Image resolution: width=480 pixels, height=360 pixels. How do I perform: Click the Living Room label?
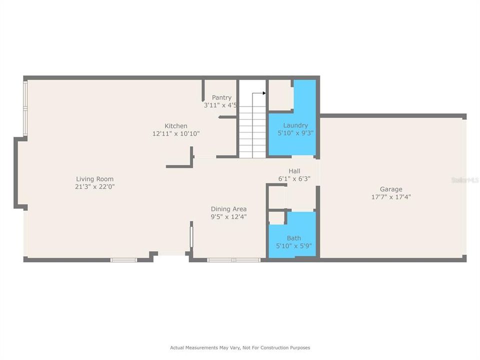94,179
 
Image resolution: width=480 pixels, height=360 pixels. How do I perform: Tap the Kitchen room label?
176,126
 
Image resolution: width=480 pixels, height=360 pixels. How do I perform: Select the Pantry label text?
221,97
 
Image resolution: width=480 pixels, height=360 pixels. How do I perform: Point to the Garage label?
391,189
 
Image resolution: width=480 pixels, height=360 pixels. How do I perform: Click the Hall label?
294,171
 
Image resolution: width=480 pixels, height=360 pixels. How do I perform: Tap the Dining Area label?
228,209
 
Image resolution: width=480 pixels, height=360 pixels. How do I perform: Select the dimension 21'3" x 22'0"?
94,186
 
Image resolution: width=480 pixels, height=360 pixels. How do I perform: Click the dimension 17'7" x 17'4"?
391,196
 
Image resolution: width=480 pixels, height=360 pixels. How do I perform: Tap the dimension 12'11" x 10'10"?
176,133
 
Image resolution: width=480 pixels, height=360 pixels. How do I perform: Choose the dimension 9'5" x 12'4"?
228,216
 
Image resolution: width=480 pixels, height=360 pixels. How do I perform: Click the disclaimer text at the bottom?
240,347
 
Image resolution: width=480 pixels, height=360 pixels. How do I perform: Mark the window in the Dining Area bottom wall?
233,259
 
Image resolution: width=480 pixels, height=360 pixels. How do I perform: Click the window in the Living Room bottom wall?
123,259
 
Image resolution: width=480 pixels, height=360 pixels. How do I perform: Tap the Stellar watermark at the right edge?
465,179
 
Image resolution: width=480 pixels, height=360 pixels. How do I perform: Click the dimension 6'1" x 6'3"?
294,178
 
